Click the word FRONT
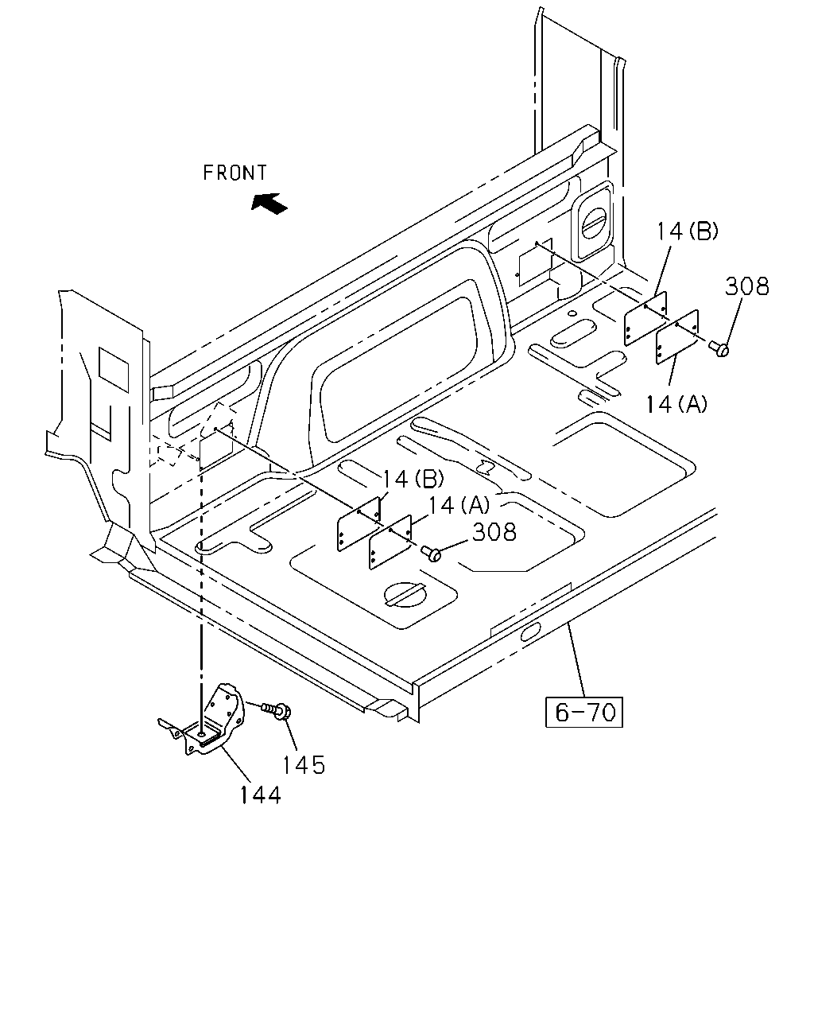tap(235, 173)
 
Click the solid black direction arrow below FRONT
tap(269, 203)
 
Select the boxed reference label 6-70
tap(584, 712)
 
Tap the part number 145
tap(304, 765)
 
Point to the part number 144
tap(261, 795)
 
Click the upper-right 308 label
tap(747, 286)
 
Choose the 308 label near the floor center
tap(494, 532)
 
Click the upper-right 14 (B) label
tap(688, 231)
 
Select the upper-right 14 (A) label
tap(676, 404)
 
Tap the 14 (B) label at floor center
tap(413, 480)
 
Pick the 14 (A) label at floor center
tap(459, 505)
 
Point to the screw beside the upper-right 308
tap(719, 348)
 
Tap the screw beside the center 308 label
tap(431, 553)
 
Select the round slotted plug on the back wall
tap(594, 223)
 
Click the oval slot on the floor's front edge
tap(530, 631)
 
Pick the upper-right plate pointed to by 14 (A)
tap(676, 336)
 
